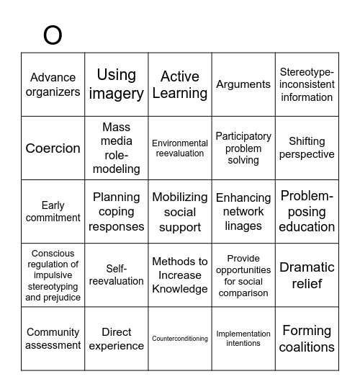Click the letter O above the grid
coord(53,34)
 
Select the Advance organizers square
coord(53,84)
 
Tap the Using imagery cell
coord(117,84)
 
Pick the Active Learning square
coord(180,84)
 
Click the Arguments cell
coord(243,84)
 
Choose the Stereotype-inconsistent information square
coord(307,84)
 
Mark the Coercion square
coord(53,148)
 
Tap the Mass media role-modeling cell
coord(117,148)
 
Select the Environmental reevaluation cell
coord(180,148)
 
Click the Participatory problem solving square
coord(243,148)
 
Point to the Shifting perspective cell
coord(307,148)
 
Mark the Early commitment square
coord(53,212)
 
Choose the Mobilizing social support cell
coord(180,212)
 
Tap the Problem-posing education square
coord(307,212)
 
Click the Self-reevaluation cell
coord(117,275)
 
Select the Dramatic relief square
coord(307,275)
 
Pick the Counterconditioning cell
coord(180,339)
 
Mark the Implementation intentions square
coord(243,339)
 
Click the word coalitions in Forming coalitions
coord(307,347)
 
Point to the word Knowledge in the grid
coord(180,289)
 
